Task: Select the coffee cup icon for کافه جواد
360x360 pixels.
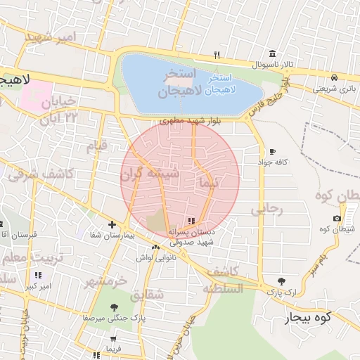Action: (x=272, y=152)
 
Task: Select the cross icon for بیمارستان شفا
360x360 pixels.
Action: (x=112, y=225)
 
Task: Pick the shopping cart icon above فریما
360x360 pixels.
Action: (x=113, y=339)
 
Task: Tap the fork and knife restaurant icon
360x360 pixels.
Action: (x=217, y=55)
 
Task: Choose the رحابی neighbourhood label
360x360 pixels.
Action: (x=266, y=208)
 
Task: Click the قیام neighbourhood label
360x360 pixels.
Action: (x=96, y=148)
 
